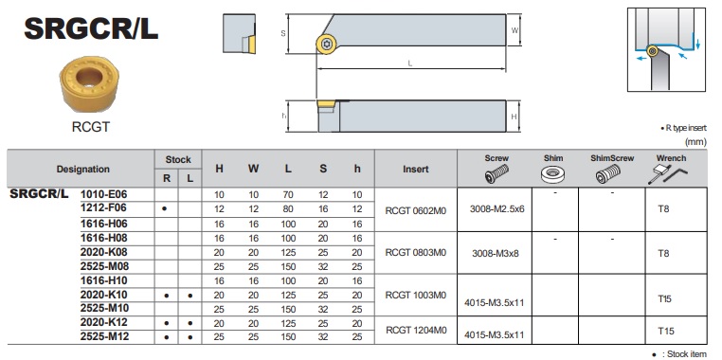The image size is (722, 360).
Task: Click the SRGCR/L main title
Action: [91, 28]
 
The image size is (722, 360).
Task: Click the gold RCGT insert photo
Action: [89, 83]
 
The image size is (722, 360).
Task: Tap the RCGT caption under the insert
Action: [91, 127]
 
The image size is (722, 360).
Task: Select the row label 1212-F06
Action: [103, 208]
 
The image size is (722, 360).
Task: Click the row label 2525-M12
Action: [104, 336]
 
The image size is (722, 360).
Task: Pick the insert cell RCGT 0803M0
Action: [416, 253]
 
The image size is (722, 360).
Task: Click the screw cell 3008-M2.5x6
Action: [496, 209]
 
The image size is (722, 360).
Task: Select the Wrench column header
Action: [671, 158]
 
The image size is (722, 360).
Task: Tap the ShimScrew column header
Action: [612, 158]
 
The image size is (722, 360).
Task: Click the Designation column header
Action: [82, 169]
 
